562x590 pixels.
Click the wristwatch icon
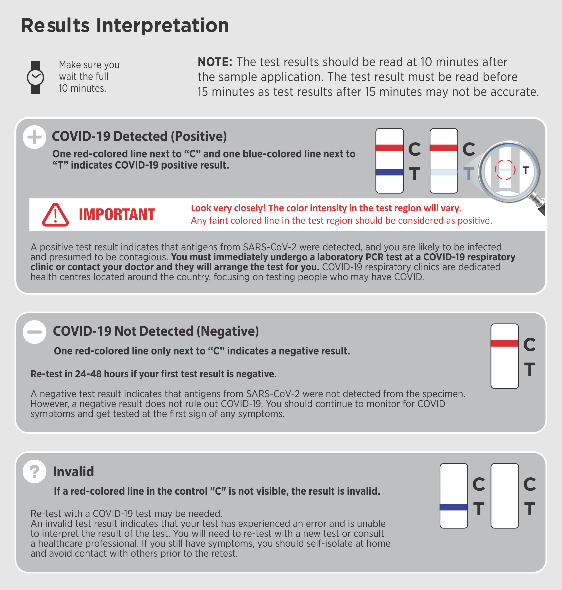[x=35, y=78]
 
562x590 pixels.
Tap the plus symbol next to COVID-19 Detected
[x=35, y=137]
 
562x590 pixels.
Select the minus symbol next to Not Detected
[x=35, y=332]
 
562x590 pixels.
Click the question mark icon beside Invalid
[x=35, y=471]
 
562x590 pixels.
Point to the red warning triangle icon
[x=55, y=215]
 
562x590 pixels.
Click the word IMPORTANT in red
[x=117, y=215]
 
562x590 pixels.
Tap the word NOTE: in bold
[x=215, y=62]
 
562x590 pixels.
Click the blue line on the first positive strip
[x=389, y=172]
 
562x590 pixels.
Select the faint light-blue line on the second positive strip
[x=443, y=172]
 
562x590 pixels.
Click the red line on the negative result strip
[x=504, y=343]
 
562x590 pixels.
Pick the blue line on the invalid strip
[x=454, y=507]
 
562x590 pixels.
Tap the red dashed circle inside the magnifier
[x=505, y=170]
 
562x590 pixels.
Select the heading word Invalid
[x=73, y=472]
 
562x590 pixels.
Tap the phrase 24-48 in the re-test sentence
[x=88, y=374]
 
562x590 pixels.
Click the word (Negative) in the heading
[x=228, y=331]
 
